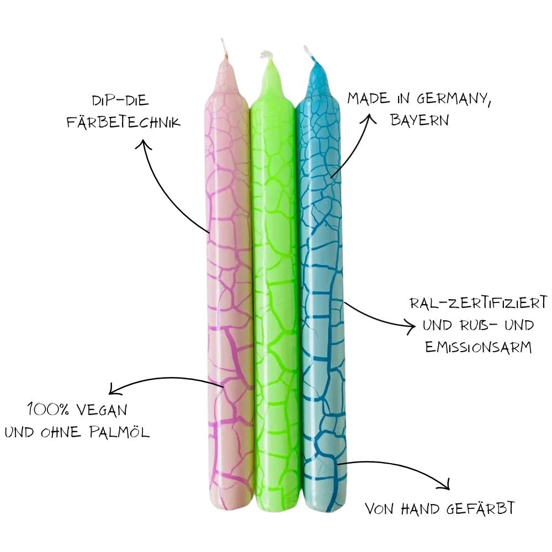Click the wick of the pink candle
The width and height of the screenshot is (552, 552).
coord(224,49)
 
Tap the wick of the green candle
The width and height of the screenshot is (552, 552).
coord(266,56)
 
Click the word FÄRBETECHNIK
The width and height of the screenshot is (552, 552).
coord(124,122)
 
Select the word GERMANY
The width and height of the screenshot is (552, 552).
coord(454,98)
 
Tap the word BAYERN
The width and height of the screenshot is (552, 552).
coord(420,120)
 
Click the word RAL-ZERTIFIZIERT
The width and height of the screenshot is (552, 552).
coord(479,302)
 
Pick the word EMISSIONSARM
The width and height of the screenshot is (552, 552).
coord(478,347)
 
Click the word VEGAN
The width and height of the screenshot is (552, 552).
coord(102,410)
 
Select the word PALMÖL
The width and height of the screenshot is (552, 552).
coord(119,432)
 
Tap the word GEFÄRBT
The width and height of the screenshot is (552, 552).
coord(480,508)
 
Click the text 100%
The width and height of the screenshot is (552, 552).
coord(48,410)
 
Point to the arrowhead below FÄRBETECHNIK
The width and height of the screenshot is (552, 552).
coord(144,145)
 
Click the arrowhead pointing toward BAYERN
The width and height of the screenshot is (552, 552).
coord(368,119)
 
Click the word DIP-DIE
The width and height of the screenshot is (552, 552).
coord(120,100)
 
